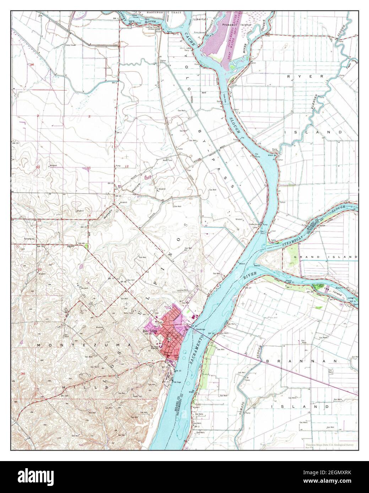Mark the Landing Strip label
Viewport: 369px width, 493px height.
(x=181, y=291)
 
